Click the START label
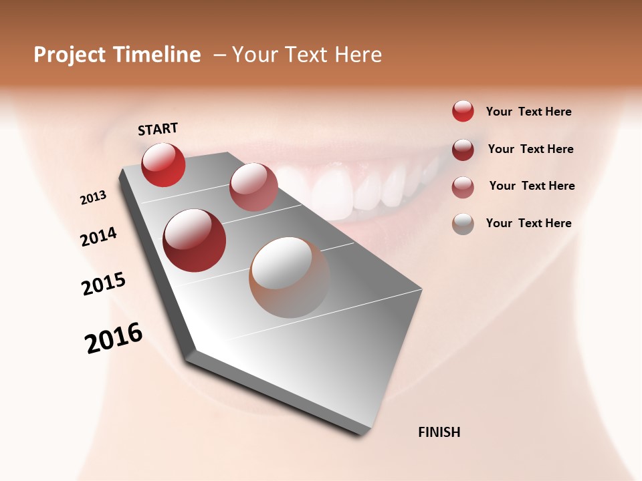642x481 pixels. point(158,129)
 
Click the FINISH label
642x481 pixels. point(439,432)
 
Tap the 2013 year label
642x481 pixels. point(94,198)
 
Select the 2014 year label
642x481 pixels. point(99,236)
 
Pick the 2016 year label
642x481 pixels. point(114,338)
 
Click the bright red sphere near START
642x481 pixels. point(163,165)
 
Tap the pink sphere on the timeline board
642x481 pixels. point(253,187)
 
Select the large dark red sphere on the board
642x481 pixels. point(195,240)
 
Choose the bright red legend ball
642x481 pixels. point(463,111)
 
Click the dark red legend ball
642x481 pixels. point(463,150)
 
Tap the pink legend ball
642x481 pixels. point(463,187)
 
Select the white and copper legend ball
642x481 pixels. point(463,224)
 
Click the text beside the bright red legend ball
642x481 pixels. point(528,112)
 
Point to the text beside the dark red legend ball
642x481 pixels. point(530,149)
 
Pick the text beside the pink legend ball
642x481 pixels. point(532,186)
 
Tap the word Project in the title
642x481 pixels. point(70,55)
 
